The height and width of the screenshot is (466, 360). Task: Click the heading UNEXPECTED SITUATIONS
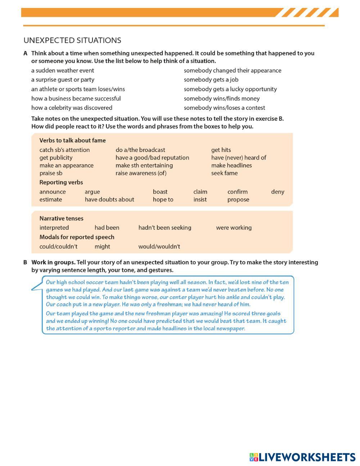[72, 40]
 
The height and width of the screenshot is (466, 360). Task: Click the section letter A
[26, 53]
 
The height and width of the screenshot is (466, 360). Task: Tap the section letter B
[26, 263]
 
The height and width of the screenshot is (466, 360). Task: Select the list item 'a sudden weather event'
[63, 71]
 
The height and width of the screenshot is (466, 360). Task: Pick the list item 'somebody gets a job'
[211, 80]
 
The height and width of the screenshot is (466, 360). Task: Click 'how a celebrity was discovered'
[72, 108]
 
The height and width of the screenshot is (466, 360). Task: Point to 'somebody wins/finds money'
[221, 99]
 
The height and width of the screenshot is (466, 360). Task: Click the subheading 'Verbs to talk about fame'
[72, 140]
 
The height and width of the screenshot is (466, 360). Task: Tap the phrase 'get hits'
[221, 150]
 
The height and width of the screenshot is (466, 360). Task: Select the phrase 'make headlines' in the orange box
[231, 165]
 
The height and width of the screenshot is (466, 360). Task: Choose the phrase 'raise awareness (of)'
[141, 173]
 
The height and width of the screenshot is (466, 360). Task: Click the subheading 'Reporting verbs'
[61, 182]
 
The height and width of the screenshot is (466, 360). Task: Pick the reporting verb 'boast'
[160, 192]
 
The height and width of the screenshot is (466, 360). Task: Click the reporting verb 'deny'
[278, 192]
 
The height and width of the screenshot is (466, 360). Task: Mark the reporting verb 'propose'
[238, 200]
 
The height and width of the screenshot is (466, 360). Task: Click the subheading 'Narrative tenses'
[61, 219]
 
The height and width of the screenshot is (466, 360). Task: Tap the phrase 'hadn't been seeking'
[165, 228]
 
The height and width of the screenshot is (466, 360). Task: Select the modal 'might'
[102, 247]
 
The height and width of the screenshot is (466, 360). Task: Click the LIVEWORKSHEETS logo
[302, 457]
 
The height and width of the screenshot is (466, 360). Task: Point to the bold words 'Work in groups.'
[53, 263]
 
